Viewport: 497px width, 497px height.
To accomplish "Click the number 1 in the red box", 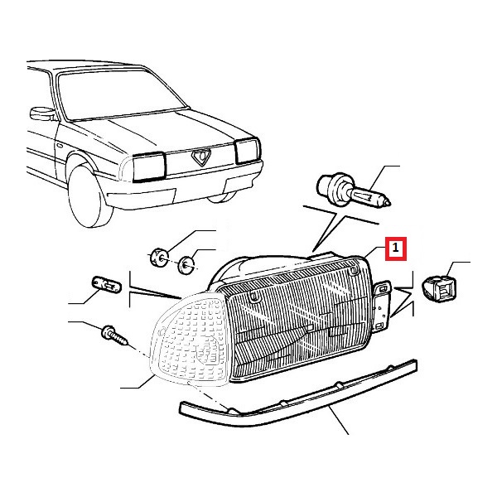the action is pyautogui.click(x=395, y=248).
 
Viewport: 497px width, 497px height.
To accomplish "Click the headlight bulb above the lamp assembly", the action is pyautogui.click(x=354, y=191).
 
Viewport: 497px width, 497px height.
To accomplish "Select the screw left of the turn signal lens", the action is pyautogui.click(x=115, y=336).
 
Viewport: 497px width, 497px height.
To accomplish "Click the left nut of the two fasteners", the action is pyautogui.click(x=159, y=258).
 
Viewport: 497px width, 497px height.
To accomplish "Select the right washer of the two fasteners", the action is pyautogui.click(x=186, y=265).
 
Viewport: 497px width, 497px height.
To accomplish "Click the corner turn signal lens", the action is pyautogui.click(x=191, y=338).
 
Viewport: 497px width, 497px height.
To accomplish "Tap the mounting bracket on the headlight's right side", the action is pyautogui.click(x=382, y=305).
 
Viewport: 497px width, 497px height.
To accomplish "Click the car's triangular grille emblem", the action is pyautogui.click(x=201, y=157).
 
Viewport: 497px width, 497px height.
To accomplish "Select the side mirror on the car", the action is pyautogui.click(x=43, y=113).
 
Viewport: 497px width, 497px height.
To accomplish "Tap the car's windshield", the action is pyautogui.click(x=120, y=94).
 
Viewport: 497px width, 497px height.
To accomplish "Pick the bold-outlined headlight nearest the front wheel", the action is pyautogui.click(x=149, y=167).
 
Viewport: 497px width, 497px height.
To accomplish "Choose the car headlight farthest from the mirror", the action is pyautogui.click(x=247, y=151).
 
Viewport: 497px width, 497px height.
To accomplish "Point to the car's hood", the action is pyautogui.click(x=152, y=133).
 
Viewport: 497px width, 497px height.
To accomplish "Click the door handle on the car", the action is pyautogui.click(x=60, y=146).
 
